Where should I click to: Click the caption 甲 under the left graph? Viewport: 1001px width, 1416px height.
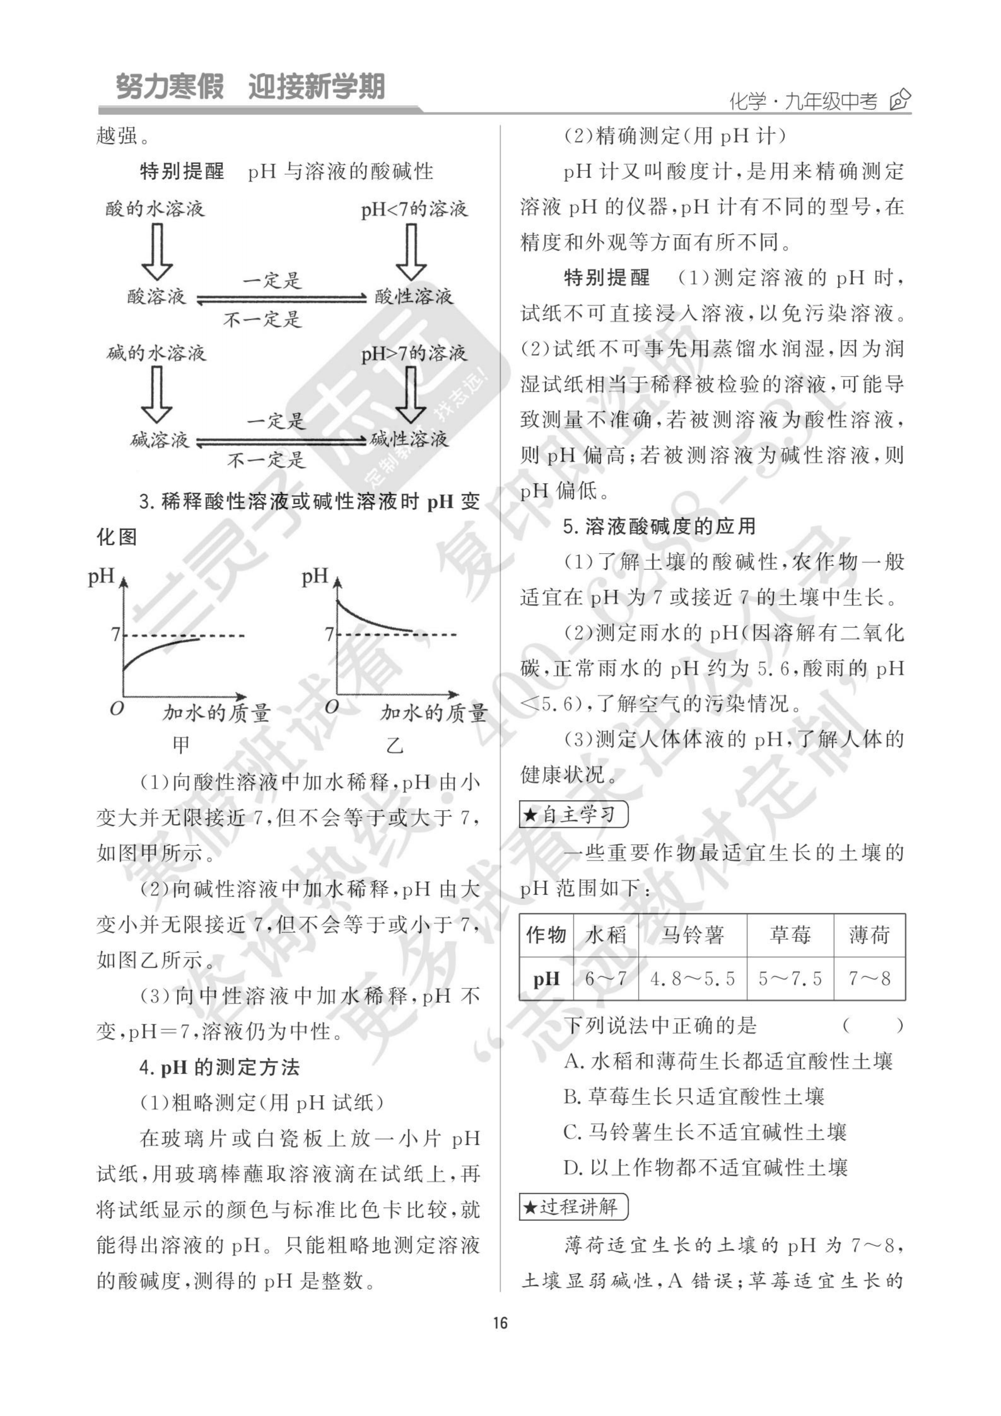(181, 745)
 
